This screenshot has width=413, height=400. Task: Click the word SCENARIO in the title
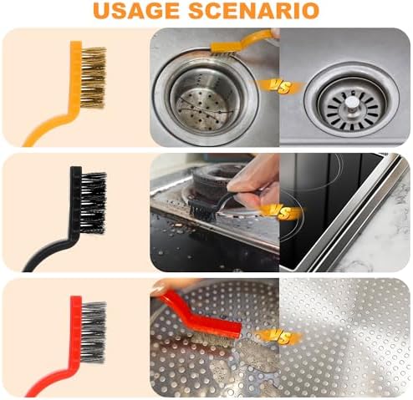253,11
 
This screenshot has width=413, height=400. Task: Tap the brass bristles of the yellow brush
94,78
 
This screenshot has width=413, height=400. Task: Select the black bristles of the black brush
94,203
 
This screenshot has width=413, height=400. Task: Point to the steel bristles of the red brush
94,332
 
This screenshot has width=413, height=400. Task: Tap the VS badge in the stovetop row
279,213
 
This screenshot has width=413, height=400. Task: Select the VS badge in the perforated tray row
279,337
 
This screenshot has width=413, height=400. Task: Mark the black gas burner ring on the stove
216,176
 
